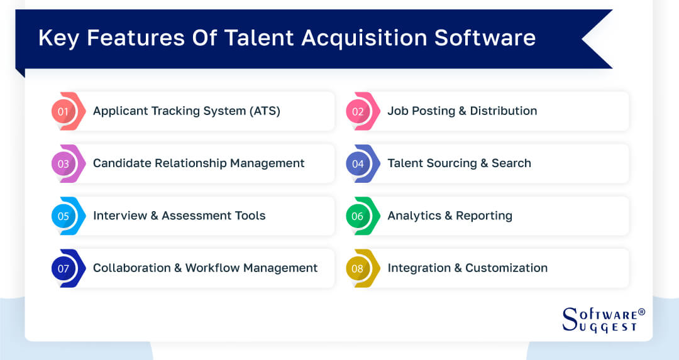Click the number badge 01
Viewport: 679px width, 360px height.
(x=63, y=111)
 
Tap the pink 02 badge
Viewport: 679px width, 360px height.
(x=358, y=111)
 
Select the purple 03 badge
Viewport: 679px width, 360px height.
(x=63, y=163)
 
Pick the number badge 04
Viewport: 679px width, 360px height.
(x=358, y=163)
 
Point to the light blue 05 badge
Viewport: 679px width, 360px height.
(x=63, y=216)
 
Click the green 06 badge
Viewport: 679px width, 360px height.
(x=358, y=216)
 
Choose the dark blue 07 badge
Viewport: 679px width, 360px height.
(x=63, y=268)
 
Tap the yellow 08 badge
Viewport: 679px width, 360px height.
(x=358, y=268)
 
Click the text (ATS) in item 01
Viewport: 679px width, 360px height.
(x=264, y=111)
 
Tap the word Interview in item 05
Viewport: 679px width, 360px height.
(x=116, y=215)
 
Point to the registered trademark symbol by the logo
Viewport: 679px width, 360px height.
(x=641, y=312)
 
